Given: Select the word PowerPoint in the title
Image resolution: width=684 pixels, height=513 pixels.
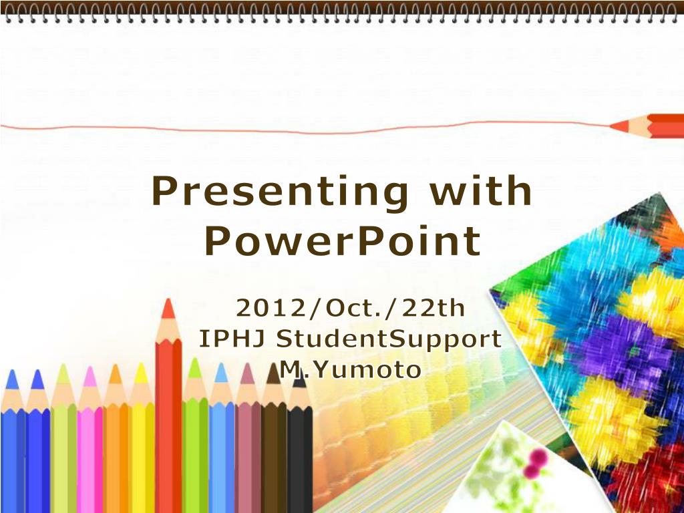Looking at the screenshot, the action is coord(343,240).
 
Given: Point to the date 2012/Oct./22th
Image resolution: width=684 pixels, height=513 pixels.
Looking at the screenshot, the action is coord(350,308).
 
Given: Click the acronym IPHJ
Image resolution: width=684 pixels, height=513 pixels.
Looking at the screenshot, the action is coord(232,339).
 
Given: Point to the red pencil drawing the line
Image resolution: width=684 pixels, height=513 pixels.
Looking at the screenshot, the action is coord(647,126).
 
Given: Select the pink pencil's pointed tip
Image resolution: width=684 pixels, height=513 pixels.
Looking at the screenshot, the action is coord(90,368).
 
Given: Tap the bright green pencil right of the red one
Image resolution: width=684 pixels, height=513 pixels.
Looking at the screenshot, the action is coord(195,436).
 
